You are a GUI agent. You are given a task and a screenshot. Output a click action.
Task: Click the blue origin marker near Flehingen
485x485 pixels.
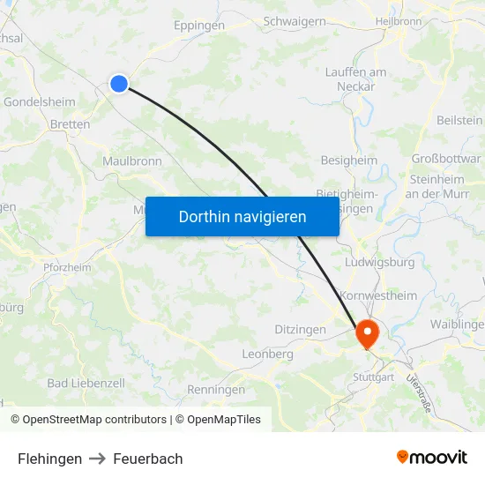(x=119, y=84)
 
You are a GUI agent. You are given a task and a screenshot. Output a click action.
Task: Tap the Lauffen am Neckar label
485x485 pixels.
(x=355, y=79)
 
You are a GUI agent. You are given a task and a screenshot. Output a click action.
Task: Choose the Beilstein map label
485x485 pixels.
(x=459, y=119)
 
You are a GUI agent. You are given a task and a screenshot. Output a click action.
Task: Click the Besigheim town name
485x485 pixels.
(x=348, y=160)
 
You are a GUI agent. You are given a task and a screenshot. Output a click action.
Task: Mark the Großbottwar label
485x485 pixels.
(x=446, y=160)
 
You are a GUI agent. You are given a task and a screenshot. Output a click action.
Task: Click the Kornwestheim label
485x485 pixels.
(x=378, y=295)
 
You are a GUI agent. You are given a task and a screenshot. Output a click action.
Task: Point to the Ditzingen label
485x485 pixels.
(x=299, y=329)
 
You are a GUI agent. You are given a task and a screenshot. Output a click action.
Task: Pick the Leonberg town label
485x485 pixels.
(x=267, y=354)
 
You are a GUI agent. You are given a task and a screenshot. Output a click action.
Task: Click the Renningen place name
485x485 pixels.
(x=216, y=389)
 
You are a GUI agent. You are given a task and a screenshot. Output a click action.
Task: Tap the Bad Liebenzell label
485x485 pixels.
(x=86, y=383)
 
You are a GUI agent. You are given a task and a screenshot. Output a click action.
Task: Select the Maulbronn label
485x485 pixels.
(x=132, y=161)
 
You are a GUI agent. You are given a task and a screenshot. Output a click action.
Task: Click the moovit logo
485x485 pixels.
(x=432, y=457)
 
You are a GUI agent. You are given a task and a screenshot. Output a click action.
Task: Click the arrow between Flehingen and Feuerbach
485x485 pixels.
(x=98, y=459)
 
